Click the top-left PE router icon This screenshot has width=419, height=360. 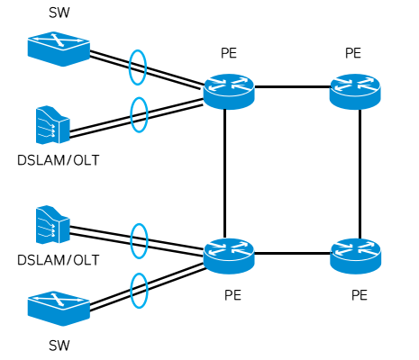(229, 91)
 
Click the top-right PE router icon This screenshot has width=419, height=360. (355, 91)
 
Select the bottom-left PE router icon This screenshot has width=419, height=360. (229, 256)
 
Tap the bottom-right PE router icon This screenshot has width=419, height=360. (355, 256)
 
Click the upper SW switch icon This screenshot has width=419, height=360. (59, 49)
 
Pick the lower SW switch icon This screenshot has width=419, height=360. (59, 308)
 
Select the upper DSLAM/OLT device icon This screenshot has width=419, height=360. (52, 125)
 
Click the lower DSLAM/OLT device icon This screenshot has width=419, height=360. (52, 225)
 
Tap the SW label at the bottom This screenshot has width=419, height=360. (59, 345)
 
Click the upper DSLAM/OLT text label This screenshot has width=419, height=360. (58, 161)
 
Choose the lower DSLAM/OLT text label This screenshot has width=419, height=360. (58, 260)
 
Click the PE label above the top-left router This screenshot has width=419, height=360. (229, 54)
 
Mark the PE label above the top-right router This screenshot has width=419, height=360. (353, 54)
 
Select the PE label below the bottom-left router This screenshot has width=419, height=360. (232, 294)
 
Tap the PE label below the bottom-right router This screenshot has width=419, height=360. (360, 294)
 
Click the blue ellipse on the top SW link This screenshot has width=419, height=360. (137, 67)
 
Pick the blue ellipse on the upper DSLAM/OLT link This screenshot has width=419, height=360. (139, 114)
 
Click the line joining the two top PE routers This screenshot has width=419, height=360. (292, 87)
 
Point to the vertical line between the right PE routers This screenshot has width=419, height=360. (360, 171)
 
